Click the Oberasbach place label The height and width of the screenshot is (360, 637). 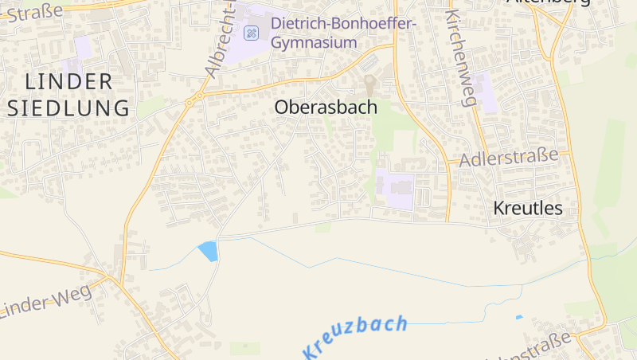(x=326, y=107)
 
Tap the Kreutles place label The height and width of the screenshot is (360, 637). (x=528, y=208)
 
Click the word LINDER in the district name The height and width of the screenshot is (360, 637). (x=69, y=81)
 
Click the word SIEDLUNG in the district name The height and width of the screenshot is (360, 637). (x=68, y=108)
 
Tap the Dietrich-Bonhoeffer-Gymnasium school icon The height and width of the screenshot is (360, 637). (x=252, y=33)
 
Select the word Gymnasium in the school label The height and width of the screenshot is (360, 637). (x=314, y=42)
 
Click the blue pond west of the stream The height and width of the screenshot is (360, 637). (x=208, y=251)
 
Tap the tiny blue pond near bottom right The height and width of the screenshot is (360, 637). (x=519, y=318)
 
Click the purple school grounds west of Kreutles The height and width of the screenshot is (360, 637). (x=395, y=189)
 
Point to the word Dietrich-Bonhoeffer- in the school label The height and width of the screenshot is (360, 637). (x=344, y=23)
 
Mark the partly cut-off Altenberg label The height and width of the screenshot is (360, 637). (x=549, y=2)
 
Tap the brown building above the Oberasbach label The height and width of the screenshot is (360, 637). (x=370, y=84)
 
